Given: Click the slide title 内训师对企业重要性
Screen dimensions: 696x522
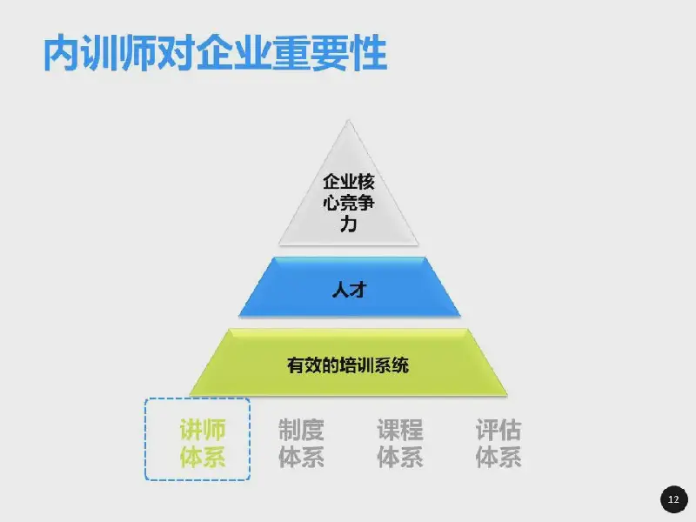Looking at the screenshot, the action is point(215,53).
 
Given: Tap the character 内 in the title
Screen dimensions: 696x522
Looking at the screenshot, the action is point(62,53).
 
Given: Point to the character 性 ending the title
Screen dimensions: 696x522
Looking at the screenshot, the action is point(369,53).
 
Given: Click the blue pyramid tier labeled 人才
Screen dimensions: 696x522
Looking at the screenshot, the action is point(350,287).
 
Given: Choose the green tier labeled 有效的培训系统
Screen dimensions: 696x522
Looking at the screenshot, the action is point(349,362).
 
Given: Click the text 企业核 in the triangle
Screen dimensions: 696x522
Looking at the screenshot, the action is point(349,182).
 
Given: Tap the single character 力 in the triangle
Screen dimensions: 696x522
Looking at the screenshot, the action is point(349,224).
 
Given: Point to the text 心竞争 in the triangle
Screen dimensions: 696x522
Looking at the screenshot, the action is point(349,203).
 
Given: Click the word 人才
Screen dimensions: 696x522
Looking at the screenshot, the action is point(350,291).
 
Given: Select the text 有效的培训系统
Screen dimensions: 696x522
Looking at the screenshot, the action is point(348,365).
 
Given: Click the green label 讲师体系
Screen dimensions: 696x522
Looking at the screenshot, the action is point(203,443).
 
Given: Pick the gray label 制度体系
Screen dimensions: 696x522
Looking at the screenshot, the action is point(301,443).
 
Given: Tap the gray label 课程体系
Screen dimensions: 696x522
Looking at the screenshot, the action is point(400,443).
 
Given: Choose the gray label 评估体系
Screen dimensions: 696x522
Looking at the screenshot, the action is point(499,443).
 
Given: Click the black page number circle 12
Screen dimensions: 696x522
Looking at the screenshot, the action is point(673,499).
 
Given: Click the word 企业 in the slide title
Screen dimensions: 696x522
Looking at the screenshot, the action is point(234,53).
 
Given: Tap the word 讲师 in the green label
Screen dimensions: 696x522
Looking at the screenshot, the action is point(203,430).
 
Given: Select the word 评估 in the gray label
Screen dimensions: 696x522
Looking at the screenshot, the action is point(499,430).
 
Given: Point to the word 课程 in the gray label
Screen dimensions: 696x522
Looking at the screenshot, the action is point(400,430).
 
